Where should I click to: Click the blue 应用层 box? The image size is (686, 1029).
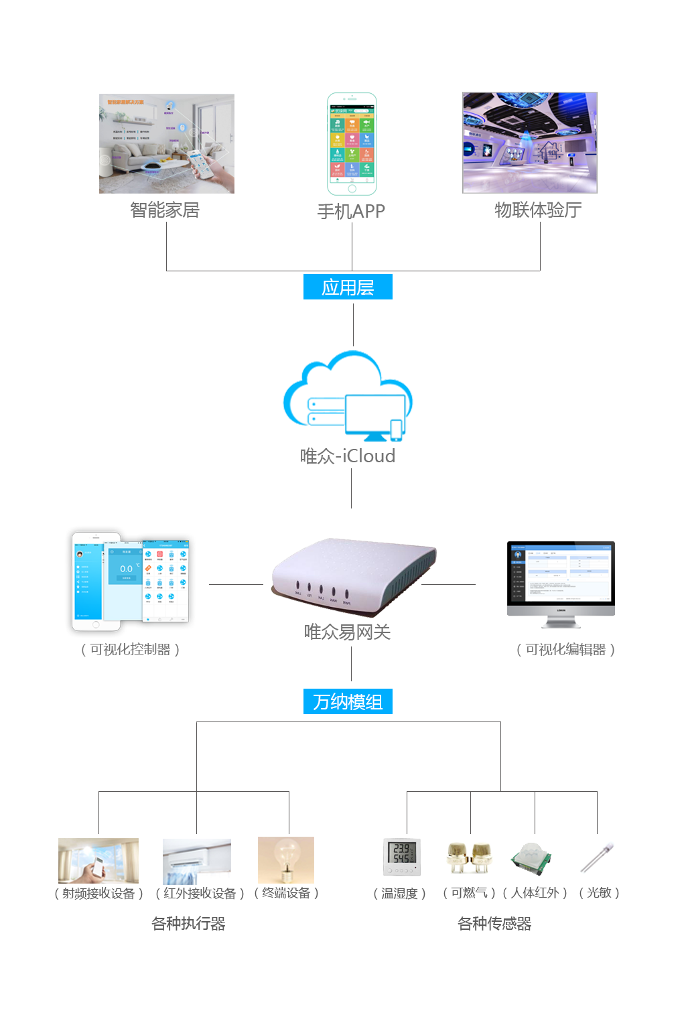click(348, 287)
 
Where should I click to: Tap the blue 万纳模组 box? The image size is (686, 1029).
click(348, 701)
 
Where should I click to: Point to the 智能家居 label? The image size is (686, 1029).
click(165, 210)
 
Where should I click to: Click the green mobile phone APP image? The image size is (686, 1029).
click(352, 144)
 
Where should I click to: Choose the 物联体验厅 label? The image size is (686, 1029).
click(537, 210)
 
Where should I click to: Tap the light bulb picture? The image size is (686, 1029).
click(286, 860)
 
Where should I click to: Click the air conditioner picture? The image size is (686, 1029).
click(197, 861)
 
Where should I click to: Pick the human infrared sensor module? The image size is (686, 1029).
click(531, 859)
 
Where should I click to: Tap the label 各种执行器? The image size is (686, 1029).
click(188, 923)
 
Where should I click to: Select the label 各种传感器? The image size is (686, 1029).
click(494, 923)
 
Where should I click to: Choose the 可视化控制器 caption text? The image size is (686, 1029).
click(131, 649)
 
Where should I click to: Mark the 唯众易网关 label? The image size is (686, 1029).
click(348, 632)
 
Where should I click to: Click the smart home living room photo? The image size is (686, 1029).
click(167, 143)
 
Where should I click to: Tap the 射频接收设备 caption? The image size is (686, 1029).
click(98, 893)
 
